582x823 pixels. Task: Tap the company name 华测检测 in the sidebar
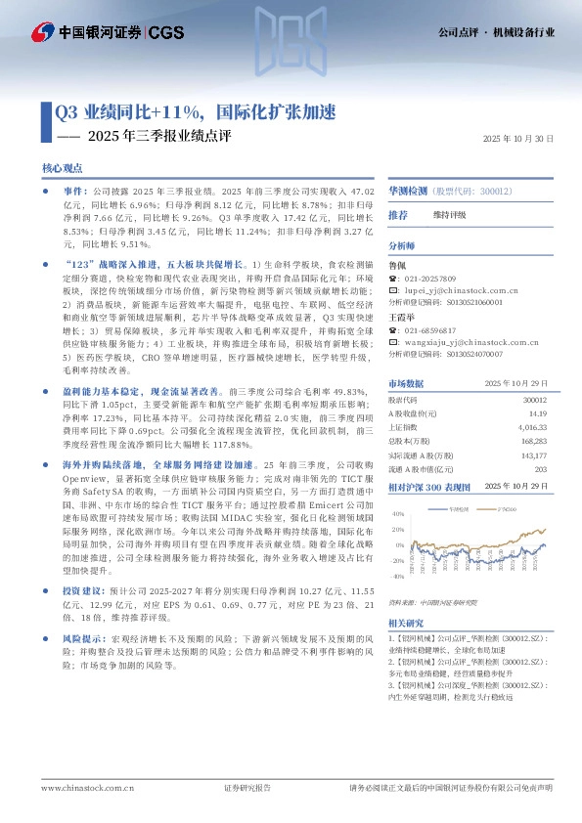click(411, 192)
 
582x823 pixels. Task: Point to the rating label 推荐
click(398, 214)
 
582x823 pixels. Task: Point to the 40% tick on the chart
click(398, 513)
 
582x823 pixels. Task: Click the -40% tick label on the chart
click(397, 577)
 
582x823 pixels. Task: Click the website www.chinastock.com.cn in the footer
click(82, 788)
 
